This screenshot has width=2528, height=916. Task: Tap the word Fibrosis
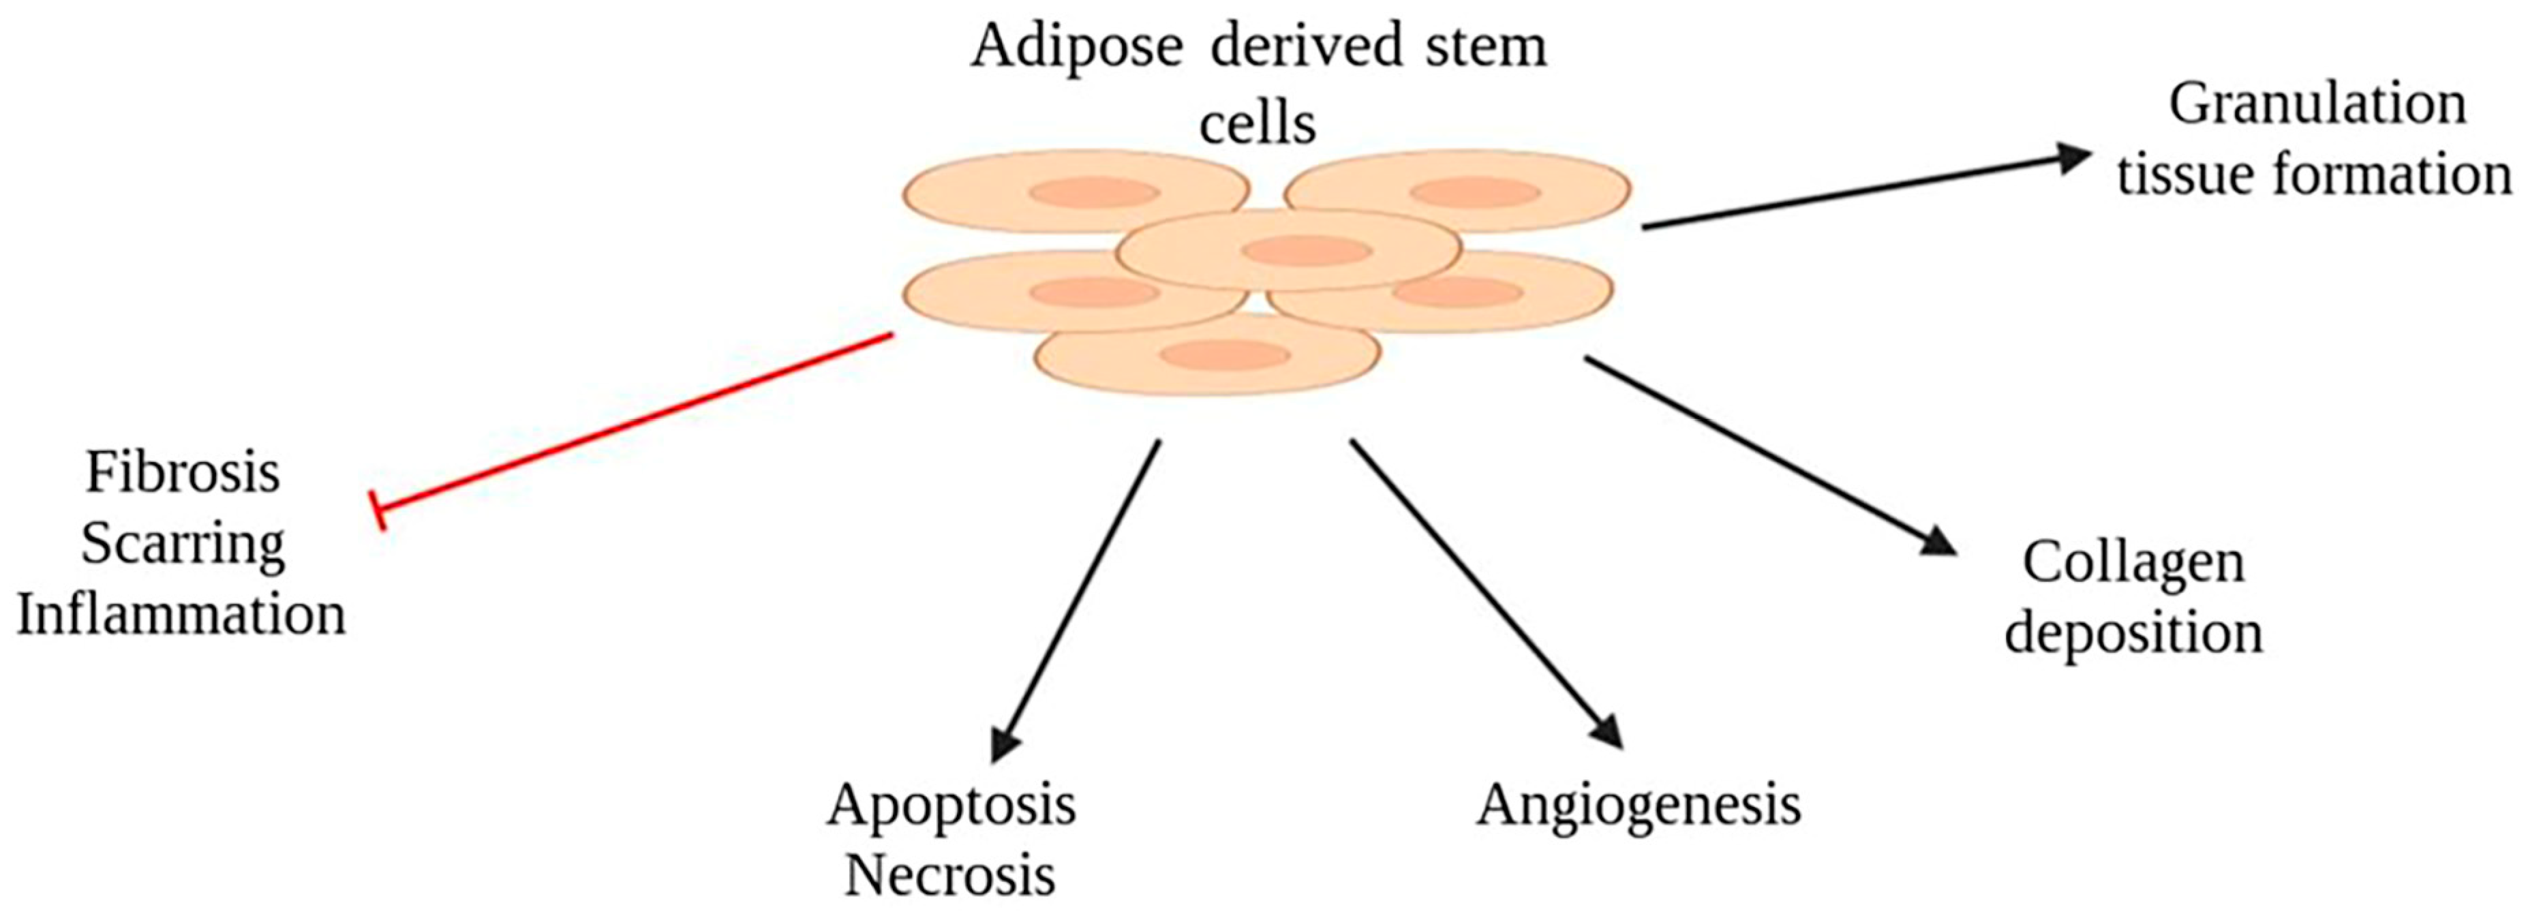[x=183, y=472]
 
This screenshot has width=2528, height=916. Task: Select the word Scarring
[x=183, y=545]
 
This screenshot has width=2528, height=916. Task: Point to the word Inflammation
[x=181, y=615]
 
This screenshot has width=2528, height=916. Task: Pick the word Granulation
[x=2317, y=104]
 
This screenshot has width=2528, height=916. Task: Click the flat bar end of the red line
[x=380, y=510]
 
